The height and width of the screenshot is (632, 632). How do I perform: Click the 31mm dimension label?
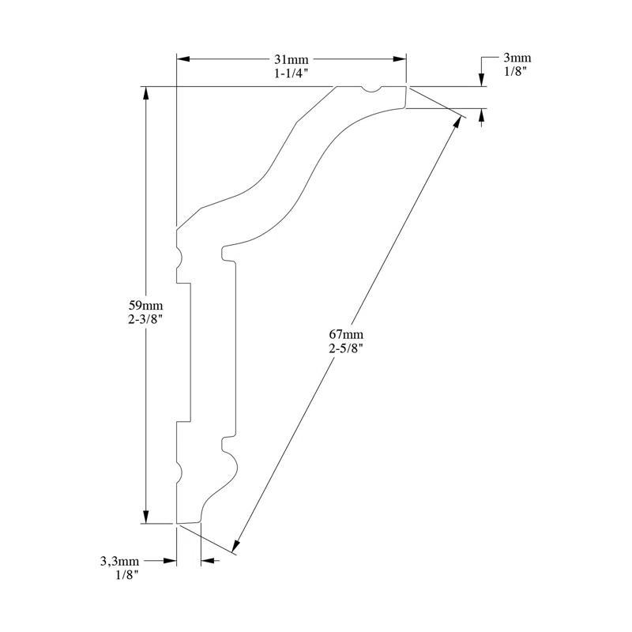coord(291,59)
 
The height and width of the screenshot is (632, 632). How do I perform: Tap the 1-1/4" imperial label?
coord(291,72)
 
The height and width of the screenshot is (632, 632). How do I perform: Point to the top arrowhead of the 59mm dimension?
coord(145,92)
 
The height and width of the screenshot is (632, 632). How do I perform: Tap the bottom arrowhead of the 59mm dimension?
coord(145,517)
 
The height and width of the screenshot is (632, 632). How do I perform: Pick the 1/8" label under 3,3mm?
coord(127,575)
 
